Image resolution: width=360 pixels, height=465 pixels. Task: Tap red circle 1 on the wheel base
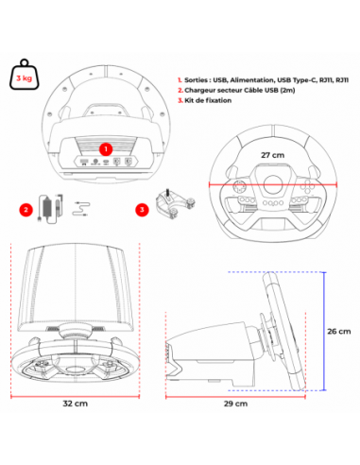point(106,148)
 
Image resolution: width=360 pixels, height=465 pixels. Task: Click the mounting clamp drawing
point(174,201)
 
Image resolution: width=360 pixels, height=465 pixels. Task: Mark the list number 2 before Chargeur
point(180,96)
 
